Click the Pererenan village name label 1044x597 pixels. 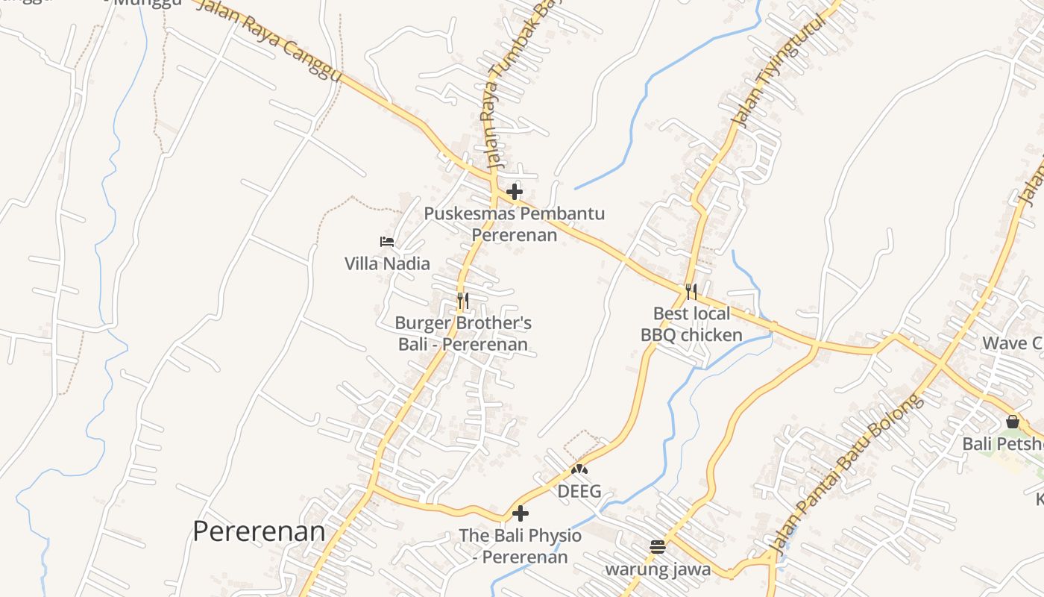pyautogui.click(x=259, y=531)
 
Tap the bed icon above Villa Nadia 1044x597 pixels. pyautogui.click(x=386, y=241)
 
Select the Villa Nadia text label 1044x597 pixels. pyautogui.click(x=387, y=263)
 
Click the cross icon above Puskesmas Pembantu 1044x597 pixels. pyautogui.click(x=514, y=192)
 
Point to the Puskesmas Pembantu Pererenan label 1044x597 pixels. pyautogui.click(x=514, y=224)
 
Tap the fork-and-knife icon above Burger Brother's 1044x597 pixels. pyautogui.click(x=463, y=301)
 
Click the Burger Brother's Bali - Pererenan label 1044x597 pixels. pyautogui.click(x=463, y=334)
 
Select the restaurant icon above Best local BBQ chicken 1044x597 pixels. pyautogui.click(x=691, y=291)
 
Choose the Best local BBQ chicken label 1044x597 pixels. pyautogui.click(x=691, y=324)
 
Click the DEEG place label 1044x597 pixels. pyautogui.click(x=579, y=492)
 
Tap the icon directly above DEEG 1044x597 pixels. pyautogui.click(x=579, y=469)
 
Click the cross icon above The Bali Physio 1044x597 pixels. pyautogui.click(x=521, y=513)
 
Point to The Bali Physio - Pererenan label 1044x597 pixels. pyautogui.click(x=521, y=546)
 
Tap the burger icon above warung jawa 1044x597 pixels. pyautogui.click(x=657, y=547)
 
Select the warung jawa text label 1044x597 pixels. pyautogui.click(x=657, y=570)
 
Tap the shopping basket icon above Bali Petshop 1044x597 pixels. pyautogui.click(x=1012, y=422)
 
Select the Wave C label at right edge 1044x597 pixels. pyautogui.click(x=1011, y=343)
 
